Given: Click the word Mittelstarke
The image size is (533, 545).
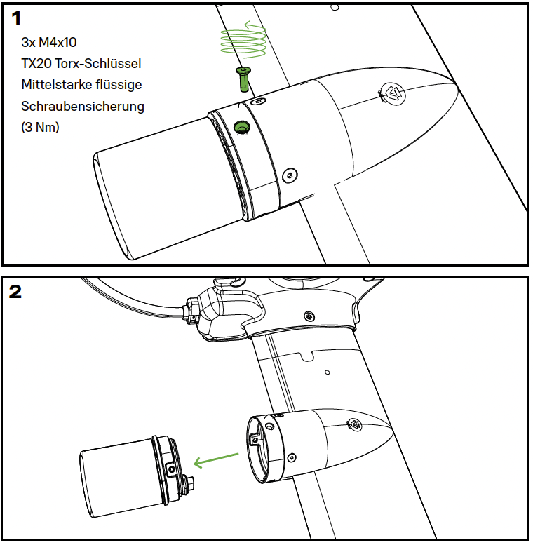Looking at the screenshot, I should [53, 85].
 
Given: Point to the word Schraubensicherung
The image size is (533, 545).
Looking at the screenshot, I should [82, 107].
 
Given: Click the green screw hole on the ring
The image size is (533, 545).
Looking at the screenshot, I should [242, 127].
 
